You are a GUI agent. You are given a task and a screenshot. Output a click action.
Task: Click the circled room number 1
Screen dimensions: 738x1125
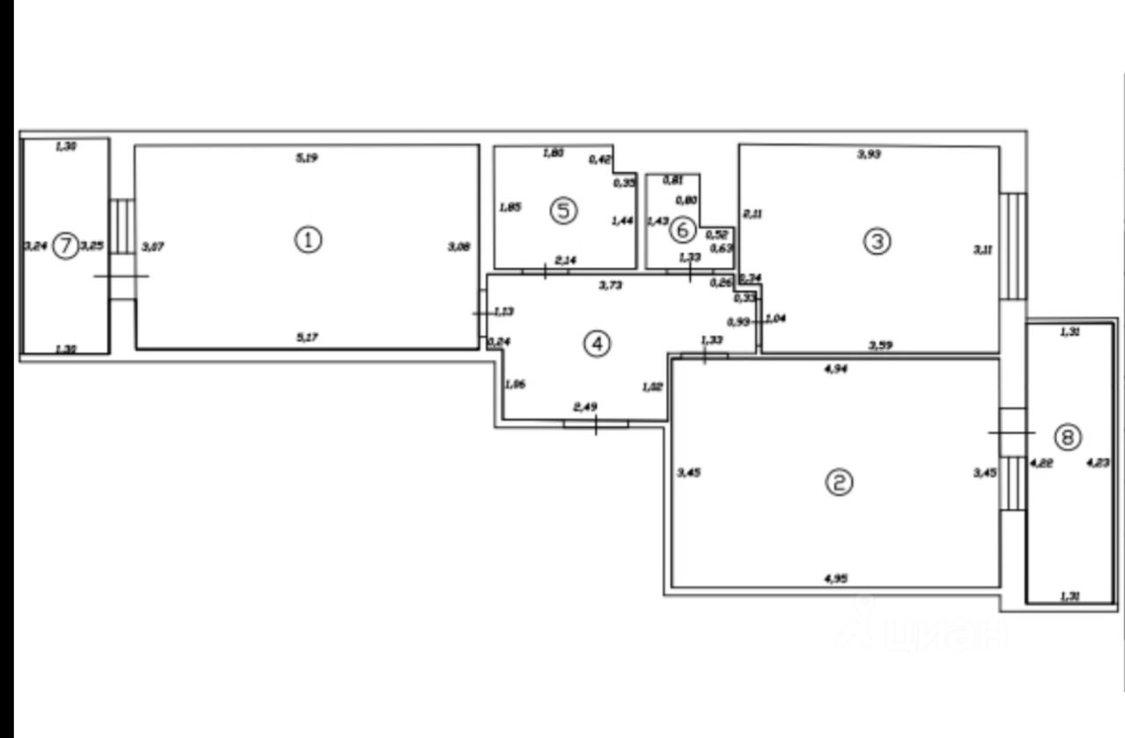click(308, 239)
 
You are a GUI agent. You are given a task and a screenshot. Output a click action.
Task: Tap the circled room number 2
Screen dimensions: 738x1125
click(839, 481)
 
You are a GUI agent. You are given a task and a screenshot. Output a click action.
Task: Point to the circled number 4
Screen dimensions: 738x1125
click(597, 344)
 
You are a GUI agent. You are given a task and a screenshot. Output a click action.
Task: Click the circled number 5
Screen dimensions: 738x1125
click(563, 210)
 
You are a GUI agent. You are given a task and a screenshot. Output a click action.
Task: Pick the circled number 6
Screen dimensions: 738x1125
click(682, 230)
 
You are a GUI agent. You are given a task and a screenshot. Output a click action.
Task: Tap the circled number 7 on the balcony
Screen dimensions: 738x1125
click(64, 246)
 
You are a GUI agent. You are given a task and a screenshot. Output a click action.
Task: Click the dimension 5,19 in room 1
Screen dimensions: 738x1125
click(306, 158)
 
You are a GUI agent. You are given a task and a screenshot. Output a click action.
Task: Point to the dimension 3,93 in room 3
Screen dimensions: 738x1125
click(868, 155)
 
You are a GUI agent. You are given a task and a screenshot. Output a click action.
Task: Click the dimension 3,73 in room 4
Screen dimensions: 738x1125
click(610, 285)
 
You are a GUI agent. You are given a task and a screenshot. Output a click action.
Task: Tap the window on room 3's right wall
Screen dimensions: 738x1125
click(1013, 245)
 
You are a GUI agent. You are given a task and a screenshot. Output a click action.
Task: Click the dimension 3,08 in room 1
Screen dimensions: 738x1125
click(460, 248)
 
